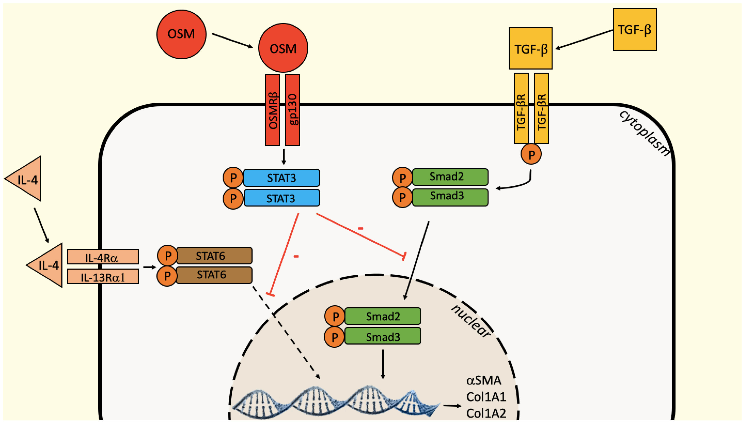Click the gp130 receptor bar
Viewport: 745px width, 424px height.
point(292,110)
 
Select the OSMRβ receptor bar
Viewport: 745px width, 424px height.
point(272,110)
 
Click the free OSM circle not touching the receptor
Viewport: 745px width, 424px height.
point(181,34)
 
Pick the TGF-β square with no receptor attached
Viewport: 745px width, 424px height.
point(635,29)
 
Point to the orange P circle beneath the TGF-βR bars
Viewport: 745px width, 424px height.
point(531,154)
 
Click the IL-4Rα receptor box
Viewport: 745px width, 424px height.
point(103,257)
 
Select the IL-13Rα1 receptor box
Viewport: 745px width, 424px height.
point(103,276)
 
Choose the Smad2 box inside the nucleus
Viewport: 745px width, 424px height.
point(383,316)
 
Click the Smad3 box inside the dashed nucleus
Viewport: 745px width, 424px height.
point(383,336)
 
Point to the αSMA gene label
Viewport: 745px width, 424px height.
point(484,380)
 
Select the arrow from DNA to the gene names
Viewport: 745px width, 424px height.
point(452,405)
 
